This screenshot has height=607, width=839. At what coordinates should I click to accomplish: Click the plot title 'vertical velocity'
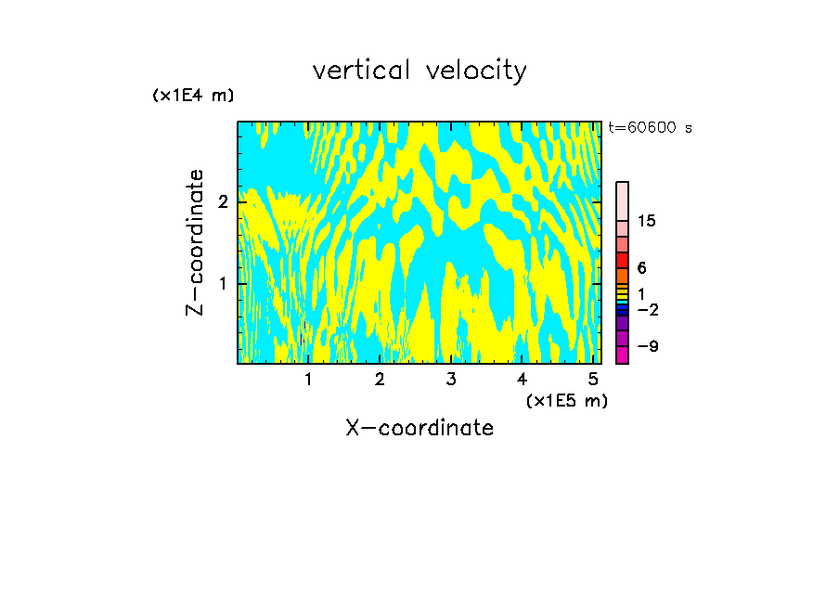point(419,71)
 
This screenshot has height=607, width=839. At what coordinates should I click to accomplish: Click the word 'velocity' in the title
point(475,71)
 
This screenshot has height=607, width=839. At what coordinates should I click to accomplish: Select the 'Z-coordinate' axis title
point(195,242)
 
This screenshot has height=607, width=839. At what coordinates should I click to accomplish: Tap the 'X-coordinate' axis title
point(419,428)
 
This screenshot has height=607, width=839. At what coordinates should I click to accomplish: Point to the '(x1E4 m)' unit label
point(193,96)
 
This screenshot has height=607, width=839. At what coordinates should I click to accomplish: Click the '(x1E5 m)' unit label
point(566,400)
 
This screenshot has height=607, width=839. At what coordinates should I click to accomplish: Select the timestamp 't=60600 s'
point(650,128)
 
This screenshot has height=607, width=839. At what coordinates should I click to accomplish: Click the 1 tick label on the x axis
point(308,379)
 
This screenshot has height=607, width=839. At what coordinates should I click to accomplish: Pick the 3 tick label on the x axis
point(450,379)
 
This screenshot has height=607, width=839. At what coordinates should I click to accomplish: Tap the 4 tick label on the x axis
point(522,379)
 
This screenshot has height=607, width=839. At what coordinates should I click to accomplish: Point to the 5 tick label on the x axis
point(592,379)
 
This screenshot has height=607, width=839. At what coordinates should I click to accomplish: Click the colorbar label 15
point(647,221)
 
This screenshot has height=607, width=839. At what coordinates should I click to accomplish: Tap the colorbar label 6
point(641,268)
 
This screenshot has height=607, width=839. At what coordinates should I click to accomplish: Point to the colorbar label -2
point(648,309)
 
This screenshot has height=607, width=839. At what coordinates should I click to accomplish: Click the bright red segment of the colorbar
point(622,260)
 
